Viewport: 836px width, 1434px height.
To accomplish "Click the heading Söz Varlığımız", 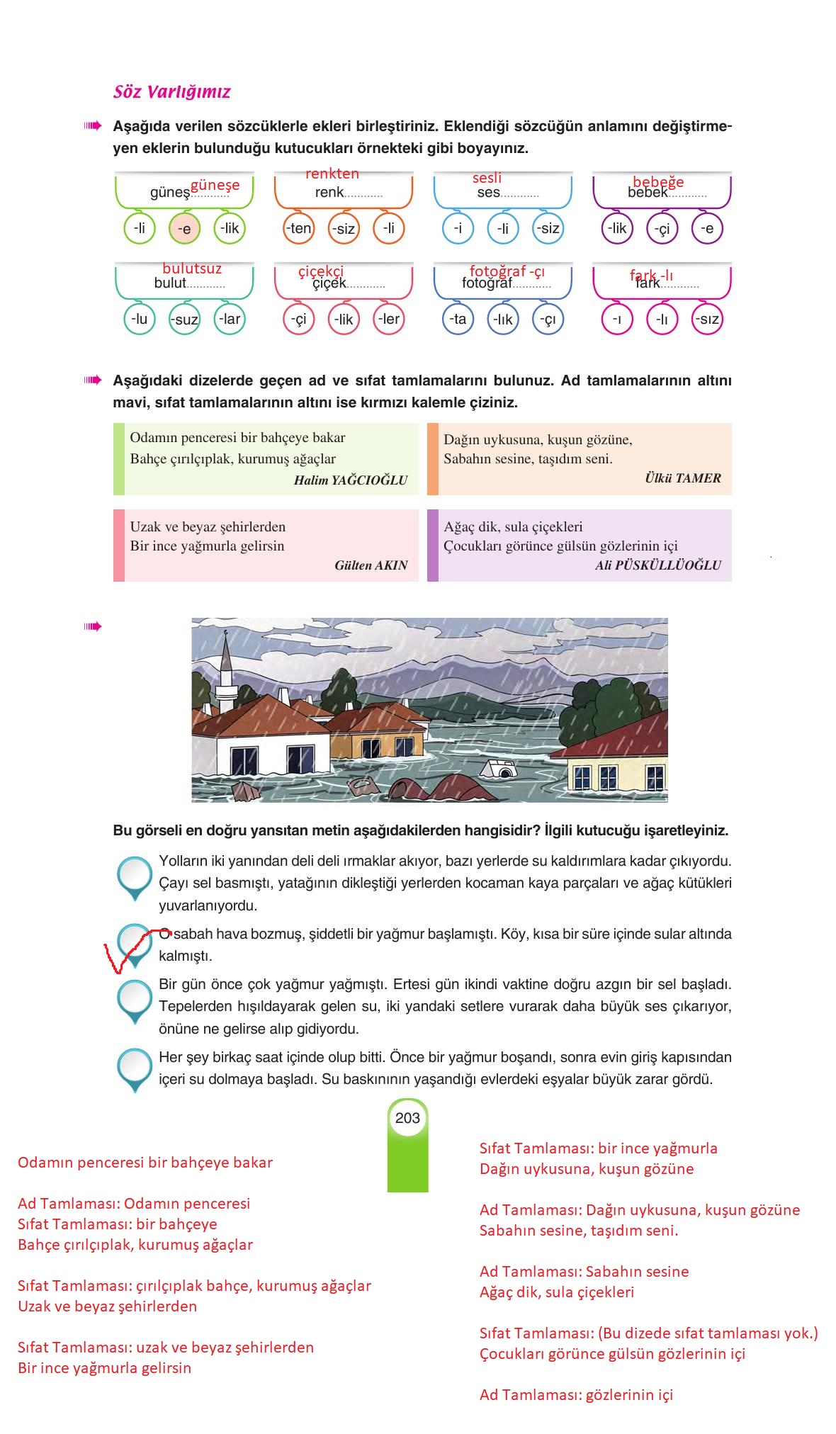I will click(172, 92).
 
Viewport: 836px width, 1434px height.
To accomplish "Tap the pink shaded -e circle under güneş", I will click(184, 229).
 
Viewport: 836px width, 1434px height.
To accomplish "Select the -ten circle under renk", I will click(299, 228).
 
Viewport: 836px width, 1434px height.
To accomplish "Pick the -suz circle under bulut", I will click(185, 320).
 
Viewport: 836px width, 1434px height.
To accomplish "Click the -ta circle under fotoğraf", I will click(458, 319).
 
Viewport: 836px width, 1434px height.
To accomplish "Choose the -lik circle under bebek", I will click(617, 228).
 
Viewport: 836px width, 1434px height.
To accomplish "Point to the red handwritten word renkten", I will click(332, 174).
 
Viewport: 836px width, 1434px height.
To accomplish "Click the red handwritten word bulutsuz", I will click(192, 269).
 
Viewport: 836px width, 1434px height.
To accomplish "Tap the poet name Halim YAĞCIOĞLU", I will click(351, 480).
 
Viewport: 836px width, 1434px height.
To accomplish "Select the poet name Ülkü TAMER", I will click(682, 478).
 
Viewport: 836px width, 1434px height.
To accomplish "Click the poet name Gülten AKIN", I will click(371, 565).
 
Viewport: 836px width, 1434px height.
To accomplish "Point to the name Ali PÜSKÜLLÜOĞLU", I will click(657, 565).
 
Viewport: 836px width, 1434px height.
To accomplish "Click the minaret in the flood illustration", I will click(226, 673).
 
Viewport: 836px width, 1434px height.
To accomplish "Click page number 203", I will click(407, 1118).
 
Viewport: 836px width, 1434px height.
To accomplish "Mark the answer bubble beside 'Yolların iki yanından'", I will click(135, 875).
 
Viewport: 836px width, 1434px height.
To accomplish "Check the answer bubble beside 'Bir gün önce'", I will click(135, 999).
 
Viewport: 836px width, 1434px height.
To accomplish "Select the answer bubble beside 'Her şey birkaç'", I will click(135, 1067).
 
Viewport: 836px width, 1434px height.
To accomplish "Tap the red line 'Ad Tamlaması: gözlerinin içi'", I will click(576, 1395).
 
